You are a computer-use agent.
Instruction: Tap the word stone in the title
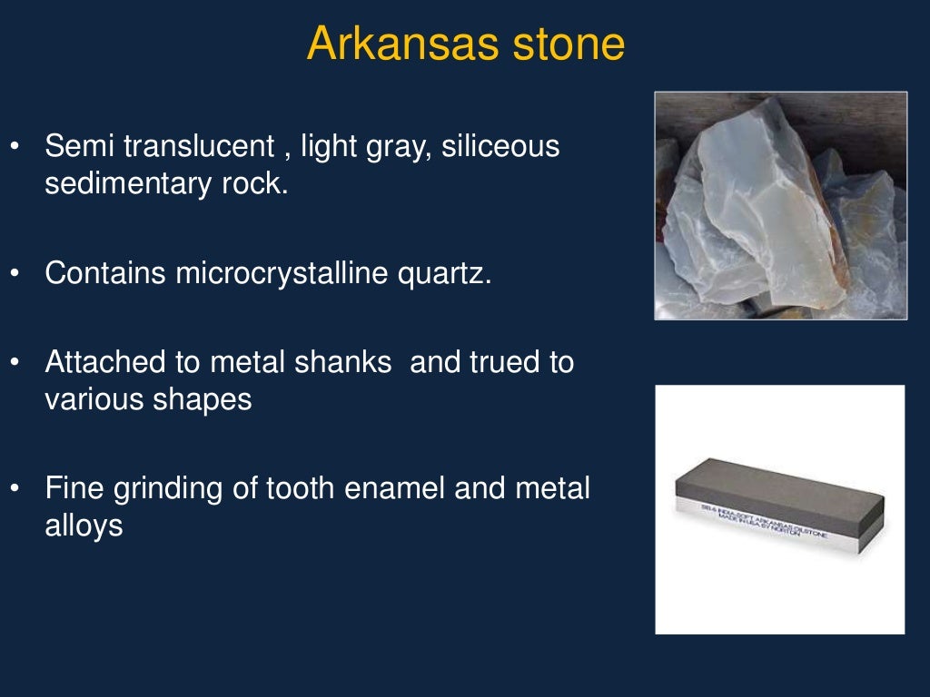tap(567, 44)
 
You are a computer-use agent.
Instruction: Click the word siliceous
tap(500, 145)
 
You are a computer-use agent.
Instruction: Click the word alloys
tap(84, 526)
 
